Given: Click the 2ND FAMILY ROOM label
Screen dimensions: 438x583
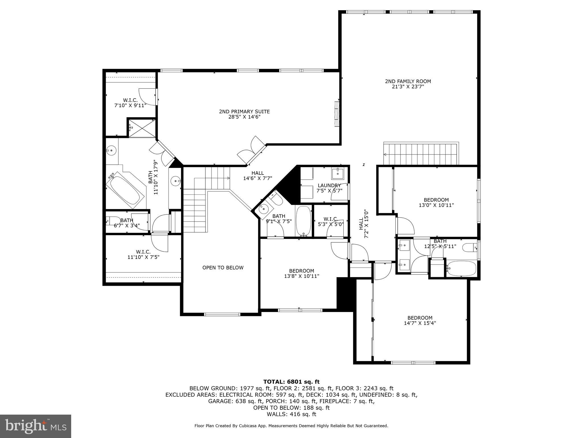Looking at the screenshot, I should [x=408, y=81].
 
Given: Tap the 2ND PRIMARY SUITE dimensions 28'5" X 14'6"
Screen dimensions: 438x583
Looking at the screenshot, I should [x=244, y=117].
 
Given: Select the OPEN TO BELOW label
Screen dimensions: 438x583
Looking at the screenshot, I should [x=223, y=267].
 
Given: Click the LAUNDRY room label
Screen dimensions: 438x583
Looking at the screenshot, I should [x=329, y=185].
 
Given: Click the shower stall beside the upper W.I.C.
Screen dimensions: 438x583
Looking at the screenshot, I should [x=142, y=129].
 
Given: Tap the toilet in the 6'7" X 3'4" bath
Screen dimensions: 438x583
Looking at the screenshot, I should [x=113, y=220].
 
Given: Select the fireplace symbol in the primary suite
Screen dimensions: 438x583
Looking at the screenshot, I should [x=337, y=114].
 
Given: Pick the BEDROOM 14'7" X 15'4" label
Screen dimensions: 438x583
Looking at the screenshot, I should [x=420, y=318].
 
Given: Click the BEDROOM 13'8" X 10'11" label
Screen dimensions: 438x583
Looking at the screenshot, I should [x=301, y=271].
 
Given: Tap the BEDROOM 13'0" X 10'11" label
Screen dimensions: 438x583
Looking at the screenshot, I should [x=436, y=200].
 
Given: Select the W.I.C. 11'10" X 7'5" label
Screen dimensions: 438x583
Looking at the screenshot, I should [x=143, y=252].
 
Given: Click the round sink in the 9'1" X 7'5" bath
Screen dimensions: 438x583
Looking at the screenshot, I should [x=264, y=209].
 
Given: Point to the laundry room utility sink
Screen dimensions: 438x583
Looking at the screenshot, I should [x=338, y=173].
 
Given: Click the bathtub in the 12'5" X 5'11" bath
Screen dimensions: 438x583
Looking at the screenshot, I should [x=461, y=268].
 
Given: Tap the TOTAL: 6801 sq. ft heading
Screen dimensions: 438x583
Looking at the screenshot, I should [x=291, y=382].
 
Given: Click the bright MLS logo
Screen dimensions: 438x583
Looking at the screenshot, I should [x=36, y=426].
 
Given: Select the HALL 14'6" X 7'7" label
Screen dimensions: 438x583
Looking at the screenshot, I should [x=257, y=173].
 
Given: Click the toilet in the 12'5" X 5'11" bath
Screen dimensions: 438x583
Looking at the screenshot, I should [x=470, y=247].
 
